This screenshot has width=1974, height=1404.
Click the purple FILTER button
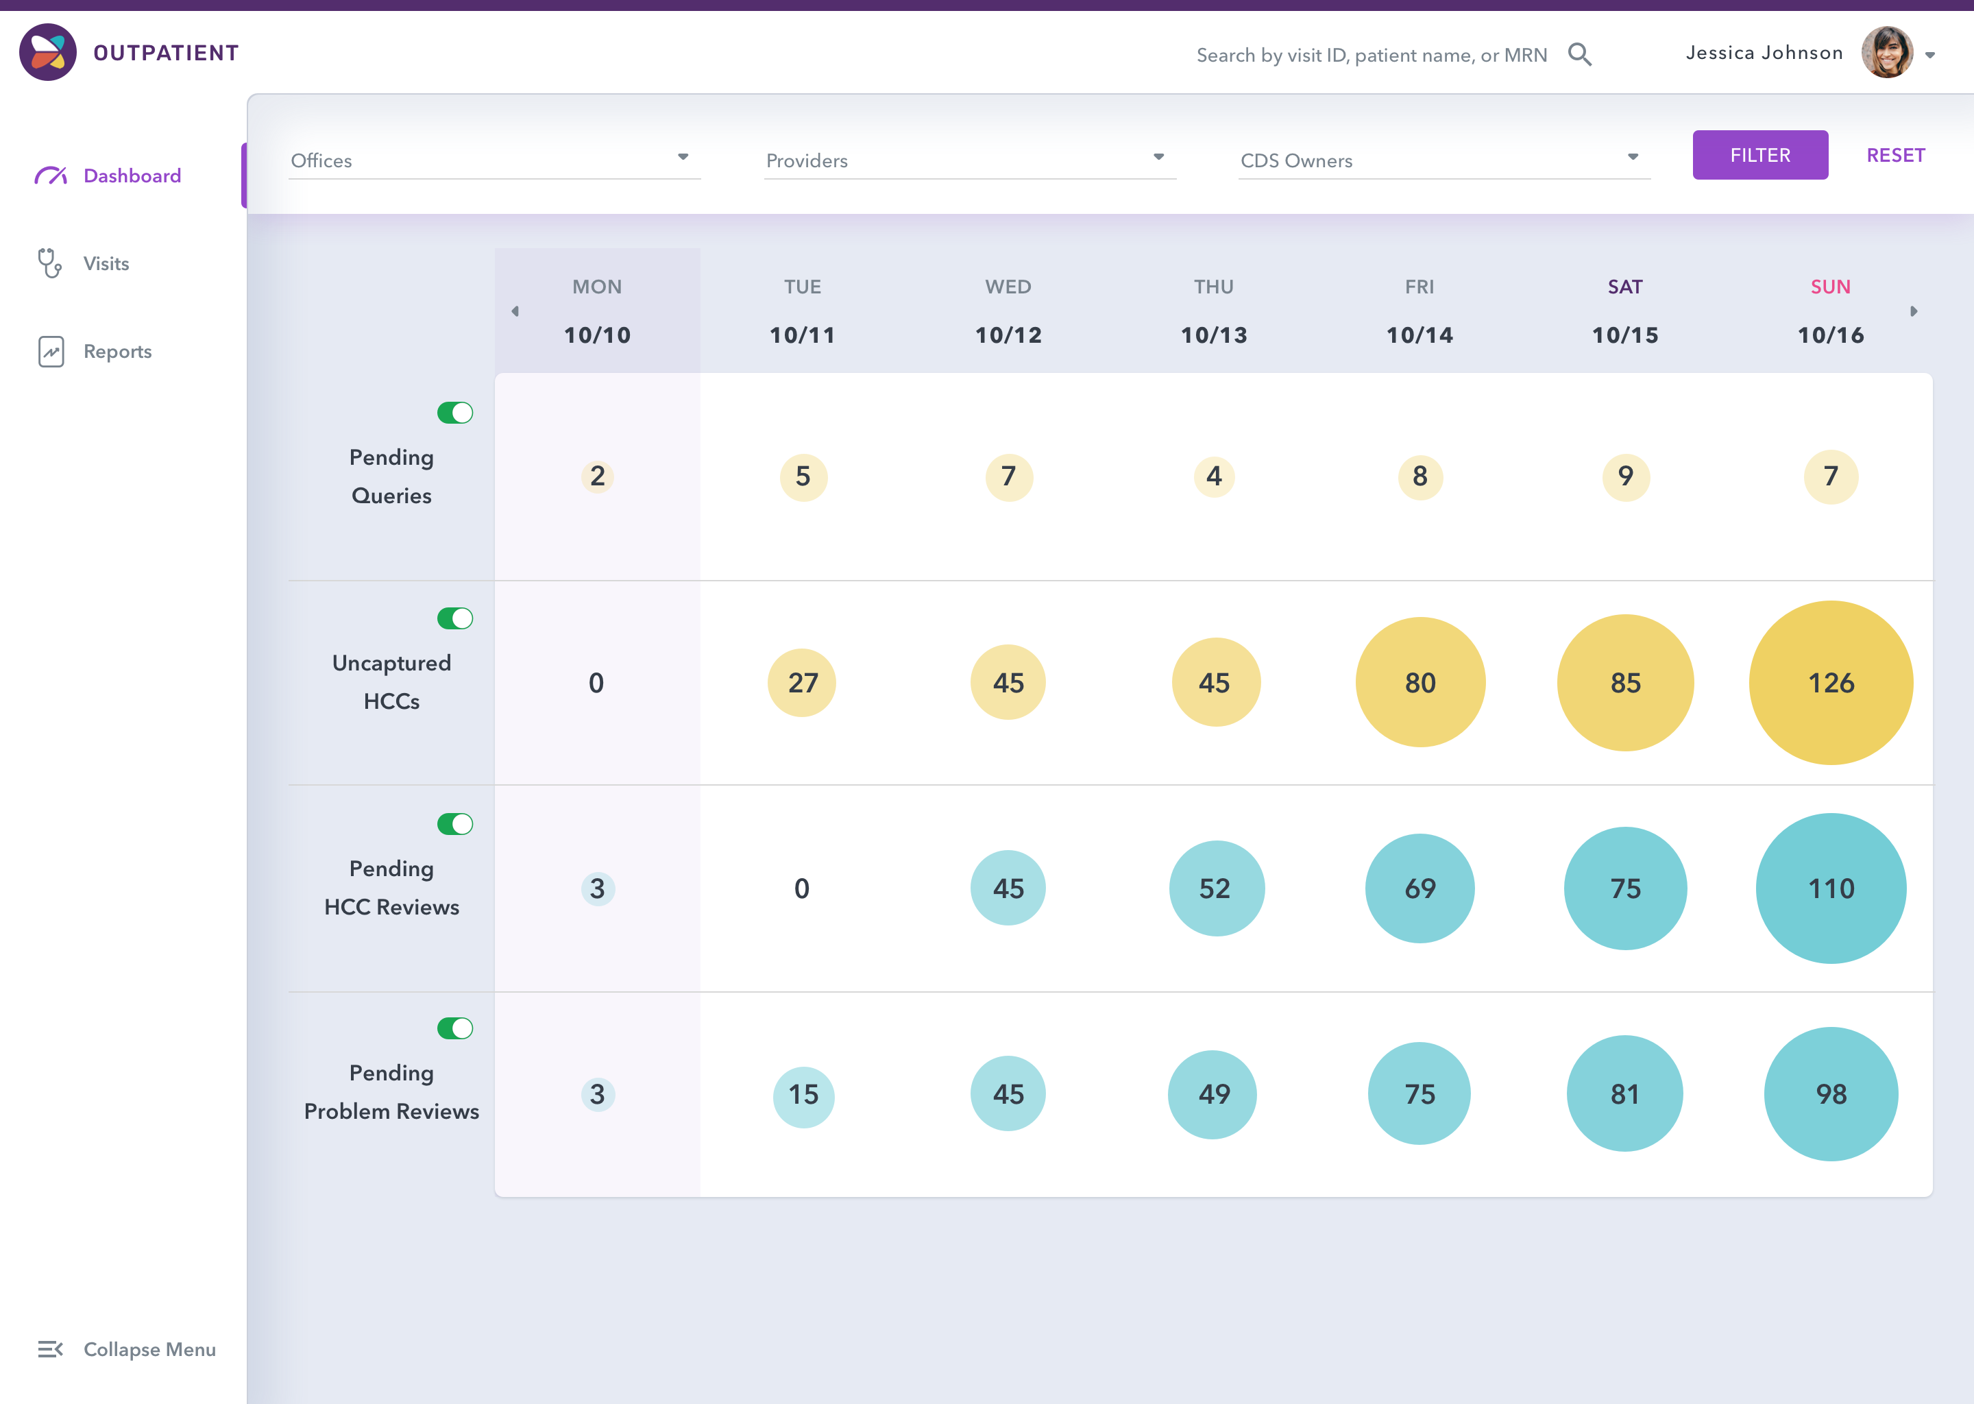(x=1759, y=155)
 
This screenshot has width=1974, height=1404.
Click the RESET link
(x=1895, y=156)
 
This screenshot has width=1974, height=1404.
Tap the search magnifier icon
(x=1579, y=54)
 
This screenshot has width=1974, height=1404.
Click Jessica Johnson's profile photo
(x=1887, y=53)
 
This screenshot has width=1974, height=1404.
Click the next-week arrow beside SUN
(x=1914, y=311)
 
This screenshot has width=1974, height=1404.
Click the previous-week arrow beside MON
(x=515, y=311)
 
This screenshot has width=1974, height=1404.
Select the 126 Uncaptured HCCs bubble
(x=1831, y=683)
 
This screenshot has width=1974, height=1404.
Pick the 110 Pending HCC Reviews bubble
(x=1831, y=888)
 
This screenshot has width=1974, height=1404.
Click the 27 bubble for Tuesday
(x=802, y=683)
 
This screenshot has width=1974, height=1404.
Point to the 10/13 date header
(x=1213, y=335)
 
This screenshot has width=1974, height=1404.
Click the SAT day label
(x=1625, y=287)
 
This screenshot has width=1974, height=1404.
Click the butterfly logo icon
(x=47, y=52)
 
